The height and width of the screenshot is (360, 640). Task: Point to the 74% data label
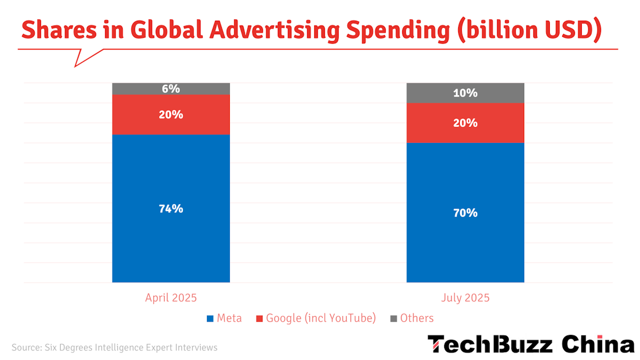point(171,209)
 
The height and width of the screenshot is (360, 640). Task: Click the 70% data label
point(465,213)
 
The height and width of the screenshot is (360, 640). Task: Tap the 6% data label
point(171,89)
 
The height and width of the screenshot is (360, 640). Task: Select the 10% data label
point(465,93)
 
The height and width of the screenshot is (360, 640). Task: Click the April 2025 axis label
point(171,298)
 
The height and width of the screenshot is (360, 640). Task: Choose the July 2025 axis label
point(465,298)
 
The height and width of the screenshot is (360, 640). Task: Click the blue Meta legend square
point(210,318)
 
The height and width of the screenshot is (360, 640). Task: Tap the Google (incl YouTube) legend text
point(321,318)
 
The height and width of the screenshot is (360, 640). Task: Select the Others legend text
point(417,318)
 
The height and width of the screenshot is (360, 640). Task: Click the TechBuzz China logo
point(531,344)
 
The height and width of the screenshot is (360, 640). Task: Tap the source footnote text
point(115,347)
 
